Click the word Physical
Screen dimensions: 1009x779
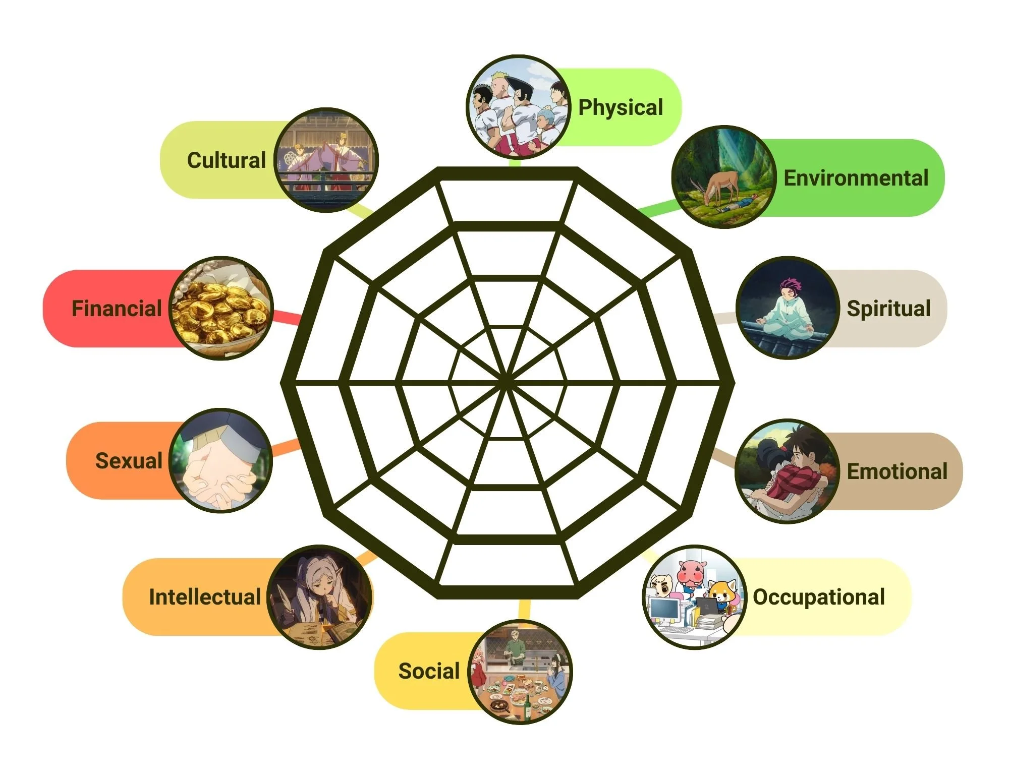click(x=620, y=107)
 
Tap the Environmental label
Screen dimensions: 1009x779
click(x=856, y=178)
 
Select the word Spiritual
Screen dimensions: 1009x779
click(x=888, y=308)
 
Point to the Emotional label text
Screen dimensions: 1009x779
click(x=896, y=471)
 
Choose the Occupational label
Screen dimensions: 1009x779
click(x=818, y=597)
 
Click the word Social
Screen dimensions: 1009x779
click(x=429, y=671)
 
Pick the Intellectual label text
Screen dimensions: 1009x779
click(x=205, y=597)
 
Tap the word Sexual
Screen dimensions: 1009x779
click(x=129, y=461)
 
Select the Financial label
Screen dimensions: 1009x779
click(x=117, y=309)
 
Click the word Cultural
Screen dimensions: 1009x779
click(x=226, y=160)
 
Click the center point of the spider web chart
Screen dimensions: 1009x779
click(x=506, y=382)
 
